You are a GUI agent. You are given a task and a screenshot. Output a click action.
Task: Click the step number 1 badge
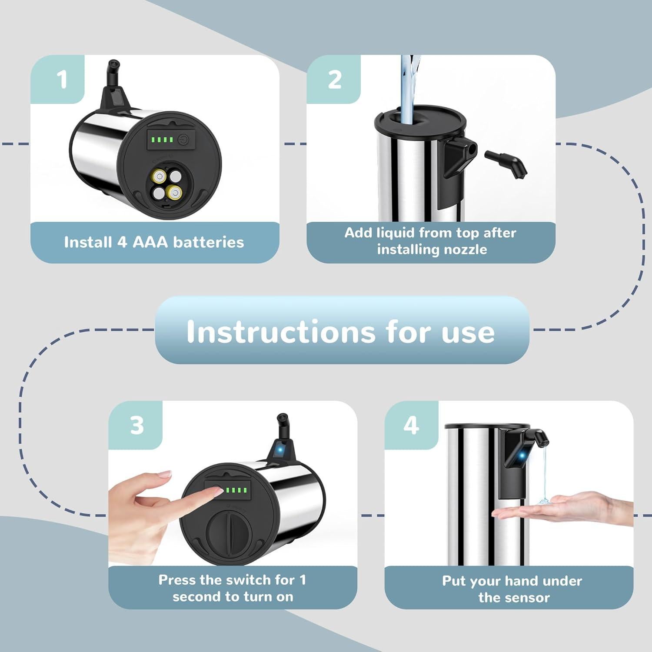62,80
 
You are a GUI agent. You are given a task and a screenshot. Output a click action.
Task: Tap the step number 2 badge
334,80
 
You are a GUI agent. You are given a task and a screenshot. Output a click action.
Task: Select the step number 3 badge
136,425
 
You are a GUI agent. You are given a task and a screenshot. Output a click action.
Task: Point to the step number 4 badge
411,425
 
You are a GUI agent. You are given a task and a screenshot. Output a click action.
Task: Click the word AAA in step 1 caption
150,242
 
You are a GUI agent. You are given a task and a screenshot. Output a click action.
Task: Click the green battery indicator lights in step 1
162,140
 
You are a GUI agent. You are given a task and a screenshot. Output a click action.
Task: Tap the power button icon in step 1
183,140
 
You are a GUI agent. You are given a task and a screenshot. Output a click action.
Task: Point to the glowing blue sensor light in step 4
521,456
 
